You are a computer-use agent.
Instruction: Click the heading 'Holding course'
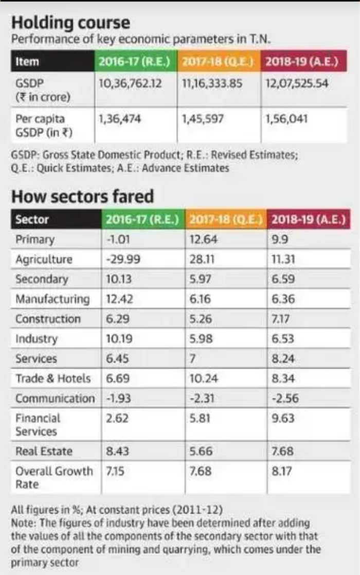pyautogui.click(x=70, y=23)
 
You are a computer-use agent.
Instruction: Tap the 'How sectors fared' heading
pyautogui.click(x=82, y=197)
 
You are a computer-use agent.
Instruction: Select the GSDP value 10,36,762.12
pyautogui.click(x=130, y=83)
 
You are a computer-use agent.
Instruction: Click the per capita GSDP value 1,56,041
pyautogui.click(x=286, y=119)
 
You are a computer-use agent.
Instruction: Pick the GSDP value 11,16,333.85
pyautogui.click(x=212, y=83)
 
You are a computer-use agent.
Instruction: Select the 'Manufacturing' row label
pyautogui.click(x=52, y=299)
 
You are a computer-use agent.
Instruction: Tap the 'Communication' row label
pyautogui.click(x=55, y=399)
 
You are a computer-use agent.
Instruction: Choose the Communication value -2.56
pyautogui.click(x=285, y=399)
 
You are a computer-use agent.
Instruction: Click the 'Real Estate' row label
pyautogui.click(x=44, y=452)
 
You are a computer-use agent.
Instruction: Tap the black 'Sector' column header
pyautogui.click(x=32, y=220)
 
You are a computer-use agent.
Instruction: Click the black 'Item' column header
pyautogui.click(x=28, y=62)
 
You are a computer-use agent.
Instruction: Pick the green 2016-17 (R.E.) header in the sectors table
pyautogui.click(x=142, y=220)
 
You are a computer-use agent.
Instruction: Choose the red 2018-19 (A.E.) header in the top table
pyautogui.click(x=301, y=62)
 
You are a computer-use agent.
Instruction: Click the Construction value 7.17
pyautogui.click(x=281, y=319)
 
